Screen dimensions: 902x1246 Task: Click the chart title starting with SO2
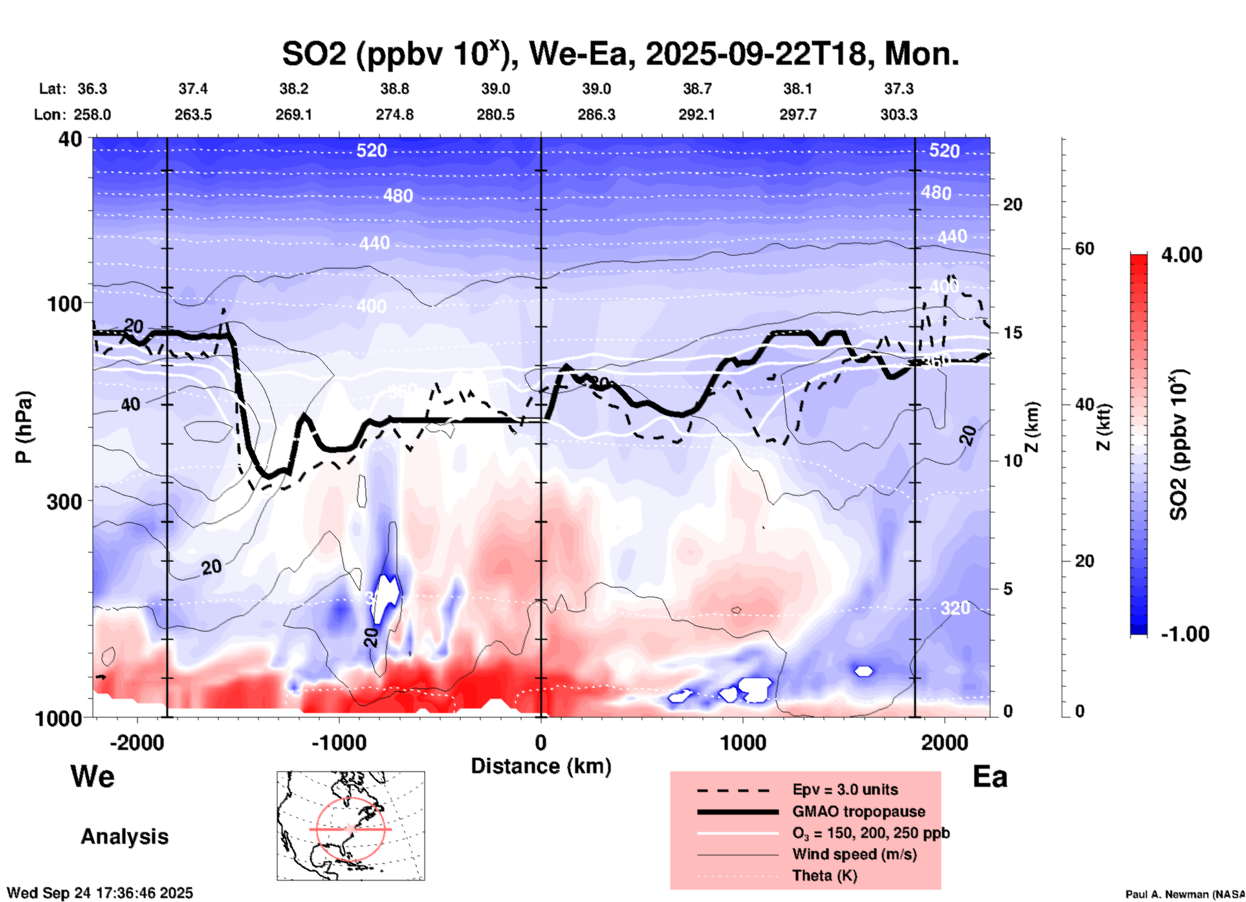tap(620, 54)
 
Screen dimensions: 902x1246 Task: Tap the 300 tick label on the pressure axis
tap(65, 501)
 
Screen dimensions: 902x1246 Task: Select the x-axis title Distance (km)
tap(541, 766)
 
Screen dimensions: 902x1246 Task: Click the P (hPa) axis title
tap(24, 427)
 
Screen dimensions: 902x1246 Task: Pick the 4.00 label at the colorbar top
tap(1181, 255)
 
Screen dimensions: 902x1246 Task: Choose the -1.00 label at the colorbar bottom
tap(1185, 634)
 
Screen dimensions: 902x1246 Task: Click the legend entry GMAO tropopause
tap(858, 811)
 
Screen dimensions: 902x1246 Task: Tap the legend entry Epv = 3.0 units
tap(845, 789)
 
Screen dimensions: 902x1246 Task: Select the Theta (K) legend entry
tap(824, 875)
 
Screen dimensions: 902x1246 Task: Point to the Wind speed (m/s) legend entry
tap(854, 854)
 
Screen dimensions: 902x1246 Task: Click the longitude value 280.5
tap(496, 115)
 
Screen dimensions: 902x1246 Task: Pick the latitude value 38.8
tap(395, 89)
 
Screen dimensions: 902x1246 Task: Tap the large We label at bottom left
tap(93, 776)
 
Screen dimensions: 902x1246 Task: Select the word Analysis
tap(124, 837)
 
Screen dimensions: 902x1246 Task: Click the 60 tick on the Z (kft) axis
tap(1084, 248)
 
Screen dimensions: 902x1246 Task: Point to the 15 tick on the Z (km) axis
tap(1012, 333)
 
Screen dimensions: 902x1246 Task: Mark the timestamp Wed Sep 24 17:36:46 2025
tap(100, 893)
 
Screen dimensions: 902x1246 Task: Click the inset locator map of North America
tap(351, 825)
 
